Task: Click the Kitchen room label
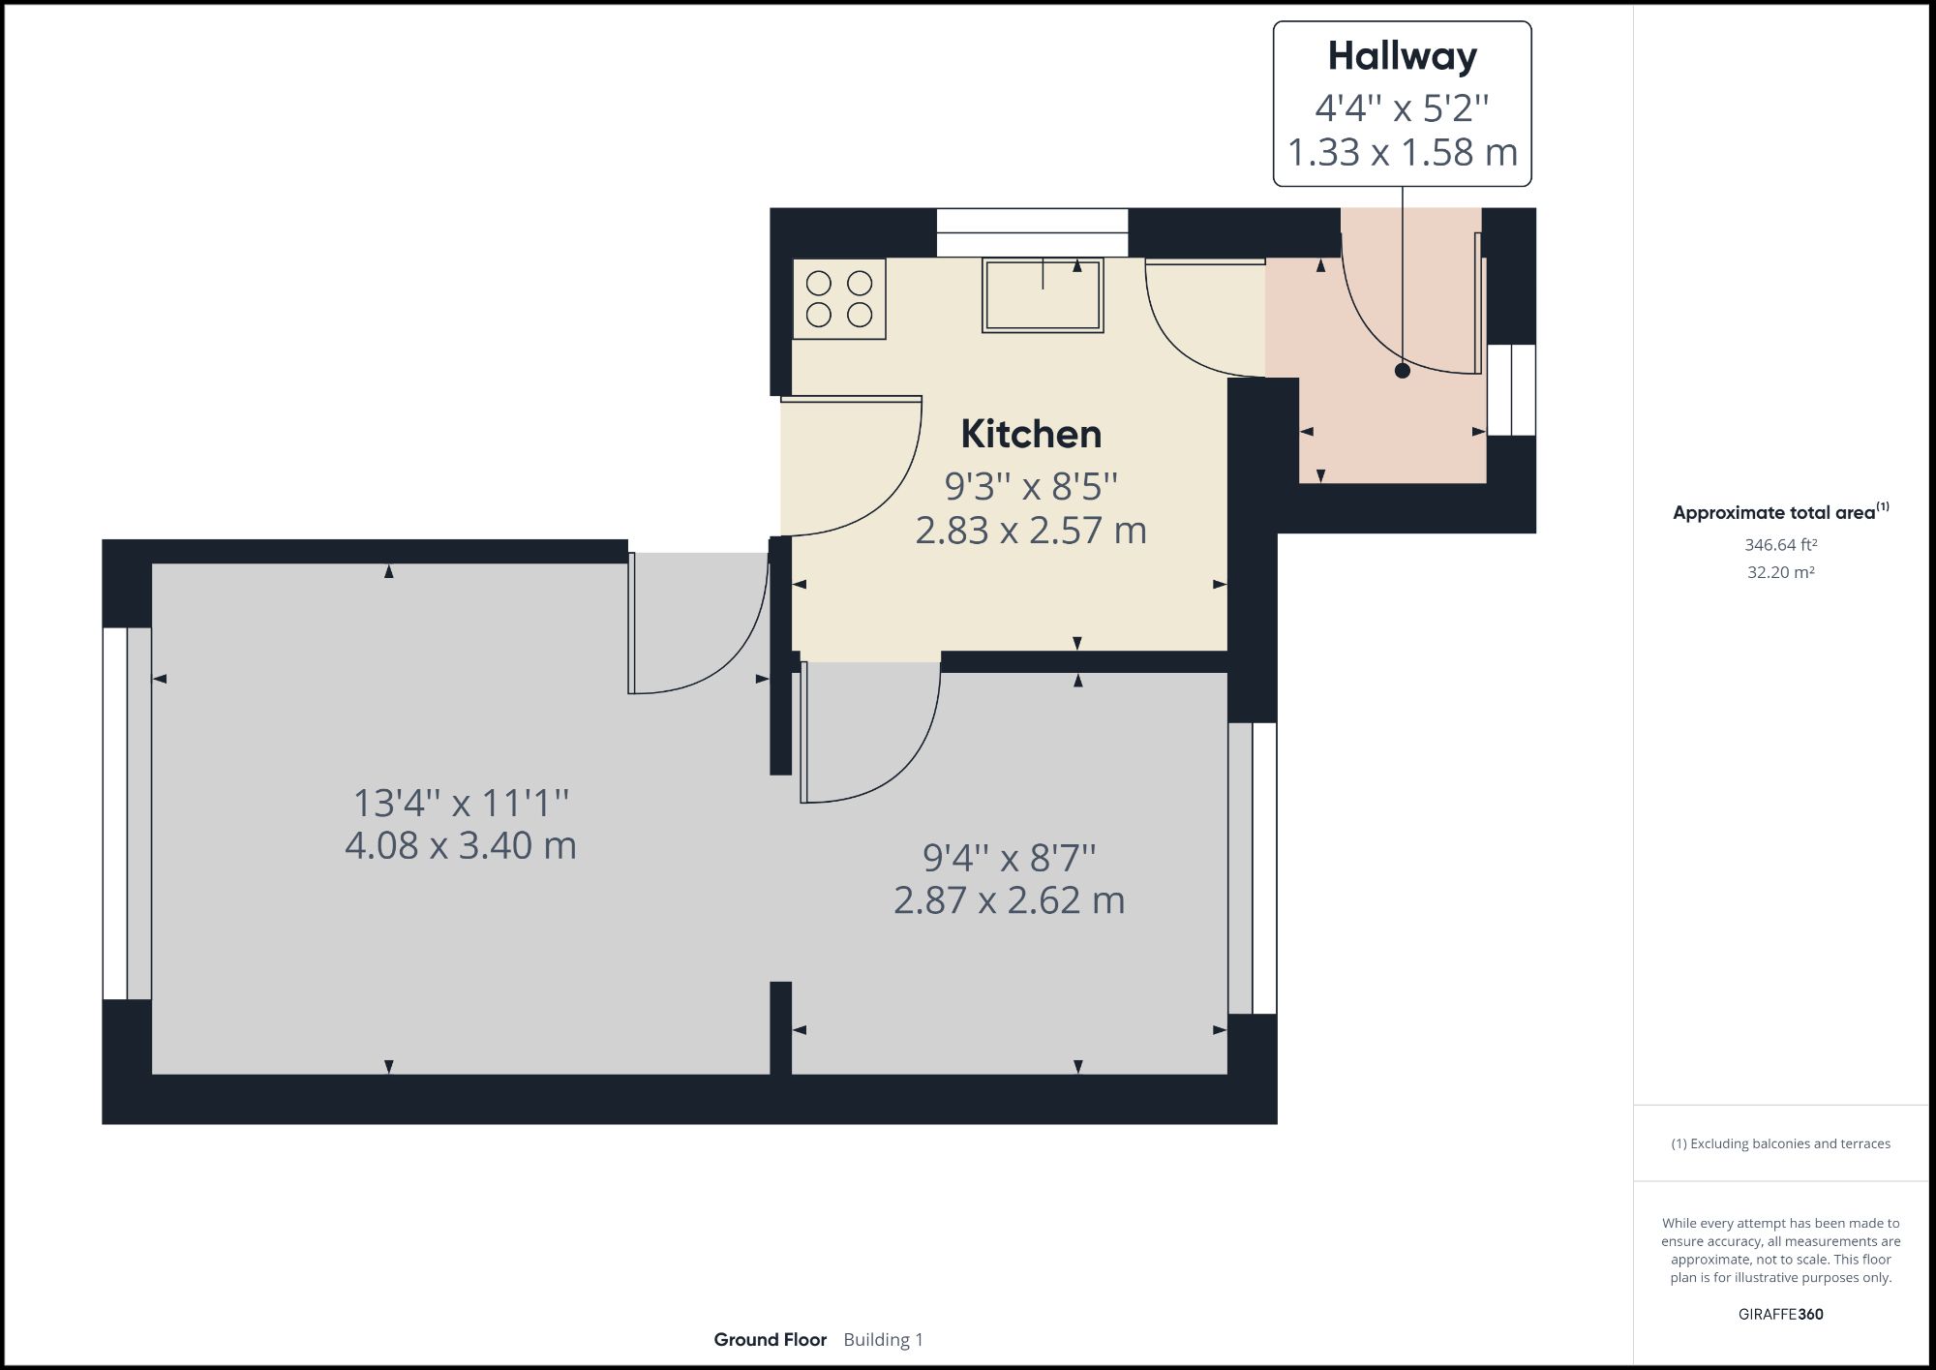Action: click(x=1031, y=435)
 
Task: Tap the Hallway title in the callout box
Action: click(x=1402, y=56)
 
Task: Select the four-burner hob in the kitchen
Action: click(x=839, y=298)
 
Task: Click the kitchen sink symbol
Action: click(x=1043, y=295)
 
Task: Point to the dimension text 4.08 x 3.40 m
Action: click(x=461, y=846)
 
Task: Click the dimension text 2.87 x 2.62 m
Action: click(x=1009, y=901)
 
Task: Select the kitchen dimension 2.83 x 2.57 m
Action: click(x=1031, y=532)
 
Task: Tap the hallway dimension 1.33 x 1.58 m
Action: click(x=1402, y=153)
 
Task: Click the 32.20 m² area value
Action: click(x=1780, y=572)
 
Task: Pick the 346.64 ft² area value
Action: click(x=1780, y=545)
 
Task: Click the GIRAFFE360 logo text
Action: click(x=1780, y=1314)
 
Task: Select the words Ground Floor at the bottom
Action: click(x=771, y=1340)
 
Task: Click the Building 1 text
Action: click(x=883, y=1340)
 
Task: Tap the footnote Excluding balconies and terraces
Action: click(x=1780, y=1143)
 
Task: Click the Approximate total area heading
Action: click(x=1774, y=513)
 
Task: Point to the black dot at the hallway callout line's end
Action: click(x=1402, y=370)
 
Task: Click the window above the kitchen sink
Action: click(x=1032, y=232)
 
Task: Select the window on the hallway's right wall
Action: click(x=1511, y=390)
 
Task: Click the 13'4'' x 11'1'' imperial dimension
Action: click(x=461, y=804)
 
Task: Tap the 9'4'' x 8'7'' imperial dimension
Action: click(x=1009, y=858)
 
